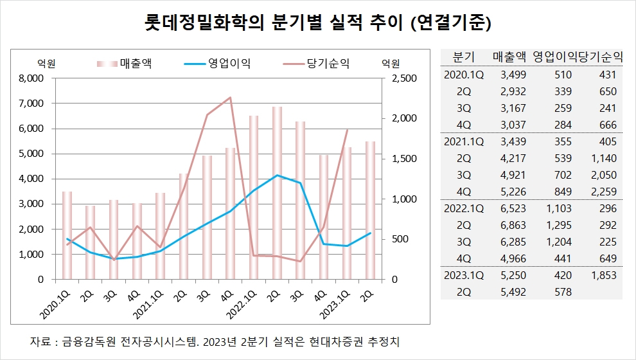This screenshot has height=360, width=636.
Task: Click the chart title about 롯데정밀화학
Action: click(x=317, y=23)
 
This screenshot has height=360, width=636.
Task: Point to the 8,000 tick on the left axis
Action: click(x=29, y=78)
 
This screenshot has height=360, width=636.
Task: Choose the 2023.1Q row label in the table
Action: click(x=464, y=275)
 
